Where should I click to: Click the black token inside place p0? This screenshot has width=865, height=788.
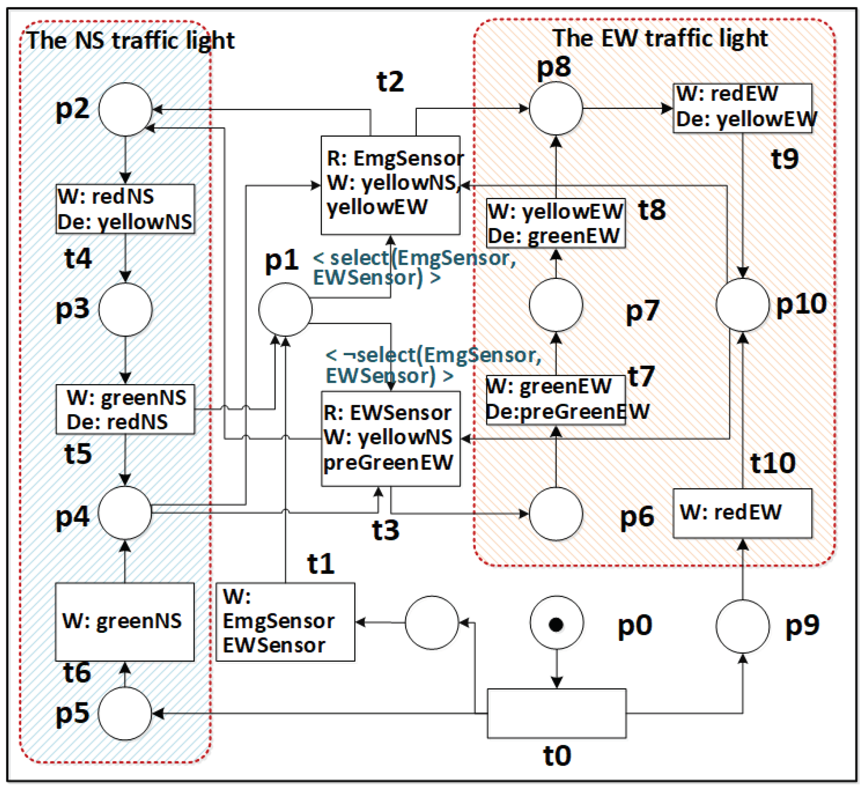pyautogui.click(x=556, y=624)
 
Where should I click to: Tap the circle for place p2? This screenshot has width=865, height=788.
pyautogui.click(x=125, y=109)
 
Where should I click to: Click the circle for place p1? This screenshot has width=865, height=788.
pyautogui.click(x=285, y=309)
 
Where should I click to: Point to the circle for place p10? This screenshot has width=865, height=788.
pyautogui.click(x=743, y=305)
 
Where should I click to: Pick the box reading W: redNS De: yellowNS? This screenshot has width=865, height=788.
pyautogui.click(x=125, y=209)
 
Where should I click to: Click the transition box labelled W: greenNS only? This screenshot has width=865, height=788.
pyautogui.click(x=125, y=621)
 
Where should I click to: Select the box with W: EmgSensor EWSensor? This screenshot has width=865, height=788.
pyautogui.click(x=285, y=621)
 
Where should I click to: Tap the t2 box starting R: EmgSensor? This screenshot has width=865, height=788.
pyautogui.click(x=391, y=185)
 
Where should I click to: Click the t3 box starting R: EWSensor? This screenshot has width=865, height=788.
pyautogui.click(x=391, y=438)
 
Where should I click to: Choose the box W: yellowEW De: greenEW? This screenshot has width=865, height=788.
pyautogui.click(x=555, y=223)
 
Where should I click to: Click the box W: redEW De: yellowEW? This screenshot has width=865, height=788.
pyautogui.click(x=742, y=108)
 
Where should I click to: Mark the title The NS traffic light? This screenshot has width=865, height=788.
pyautogui.click(x=131, y=41)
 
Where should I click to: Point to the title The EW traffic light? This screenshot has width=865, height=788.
pyautogui.click(x=660, y=38)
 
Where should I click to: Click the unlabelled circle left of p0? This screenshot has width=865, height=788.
pyautogui.click(x=432, y=622)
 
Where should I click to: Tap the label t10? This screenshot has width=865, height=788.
pyautogui.click(x=773, y=463)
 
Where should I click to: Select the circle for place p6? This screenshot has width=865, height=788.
pyautogui.click(x=555, y=513)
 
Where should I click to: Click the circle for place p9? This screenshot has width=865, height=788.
pyautogui.click(x=743, y=626)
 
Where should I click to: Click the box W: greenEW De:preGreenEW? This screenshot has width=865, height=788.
pyautogui.click(x=555, y=400)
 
